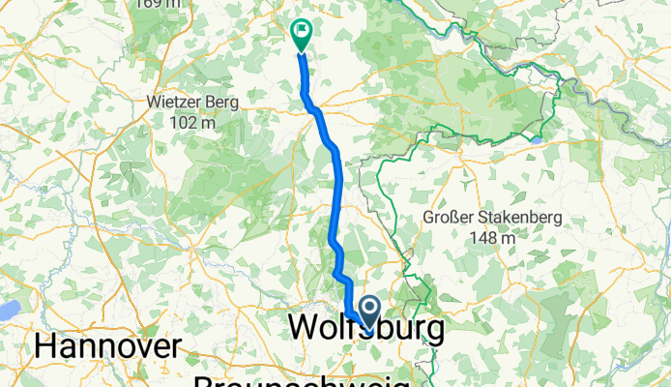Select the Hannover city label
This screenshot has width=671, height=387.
[x=107, y=346]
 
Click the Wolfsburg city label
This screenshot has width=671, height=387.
[x=367, y=329]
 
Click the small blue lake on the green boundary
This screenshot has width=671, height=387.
[x=535, y=139]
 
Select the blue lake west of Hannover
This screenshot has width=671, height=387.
[x=8, y=310]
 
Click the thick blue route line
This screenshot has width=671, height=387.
[x=338, y=193]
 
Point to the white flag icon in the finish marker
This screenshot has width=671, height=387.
[x=302, y=32]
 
